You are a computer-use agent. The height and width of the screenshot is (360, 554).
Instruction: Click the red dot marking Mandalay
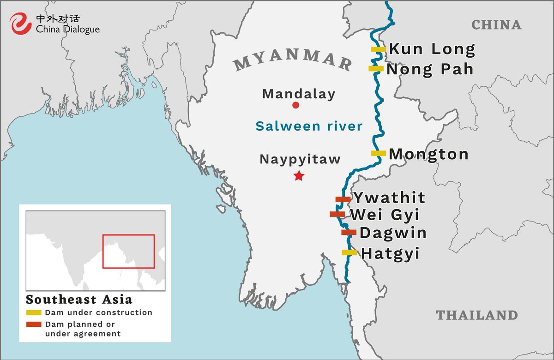296,105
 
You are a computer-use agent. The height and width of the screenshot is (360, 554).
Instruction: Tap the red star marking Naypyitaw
299,176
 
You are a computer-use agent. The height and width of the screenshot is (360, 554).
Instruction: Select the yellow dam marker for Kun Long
378,49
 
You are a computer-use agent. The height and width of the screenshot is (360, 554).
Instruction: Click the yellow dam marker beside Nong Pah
376,69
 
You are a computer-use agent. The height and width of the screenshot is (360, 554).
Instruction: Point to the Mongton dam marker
378,153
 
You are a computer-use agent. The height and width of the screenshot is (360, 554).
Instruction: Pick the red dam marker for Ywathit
343,199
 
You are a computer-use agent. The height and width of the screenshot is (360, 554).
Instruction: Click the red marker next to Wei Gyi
337,214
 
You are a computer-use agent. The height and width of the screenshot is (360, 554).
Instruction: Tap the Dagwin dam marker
349,233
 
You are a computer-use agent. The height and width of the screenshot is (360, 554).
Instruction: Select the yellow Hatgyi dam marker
349,252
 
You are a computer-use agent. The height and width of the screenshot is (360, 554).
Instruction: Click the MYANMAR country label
293,59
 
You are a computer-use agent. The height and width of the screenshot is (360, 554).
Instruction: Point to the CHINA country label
496,25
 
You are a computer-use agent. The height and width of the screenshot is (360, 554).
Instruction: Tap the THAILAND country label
477,315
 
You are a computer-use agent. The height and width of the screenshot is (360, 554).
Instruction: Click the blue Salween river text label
309,126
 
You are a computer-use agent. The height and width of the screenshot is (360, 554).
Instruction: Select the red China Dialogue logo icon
21,23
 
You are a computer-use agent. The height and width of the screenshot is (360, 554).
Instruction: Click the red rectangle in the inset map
128,251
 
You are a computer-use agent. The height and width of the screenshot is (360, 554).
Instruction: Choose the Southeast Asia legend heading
79,300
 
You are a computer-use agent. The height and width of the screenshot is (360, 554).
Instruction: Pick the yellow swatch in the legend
34,312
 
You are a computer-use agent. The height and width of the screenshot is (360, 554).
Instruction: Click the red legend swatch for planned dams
34,324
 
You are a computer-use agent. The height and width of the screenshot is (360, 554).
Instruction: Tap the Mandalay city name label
299,94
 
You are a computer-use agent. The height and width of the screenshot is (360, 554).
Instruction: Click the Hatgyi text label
390,253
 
